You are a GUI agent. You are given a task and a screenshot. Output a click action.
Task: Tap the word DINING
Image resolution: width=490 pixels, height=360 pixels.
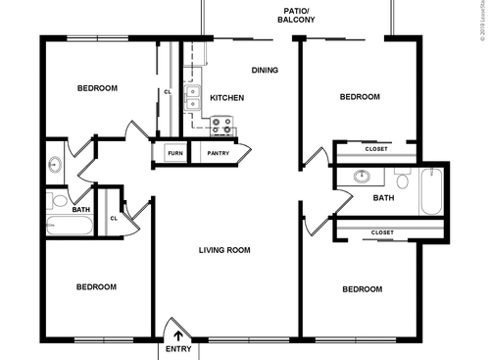tap(265, 70)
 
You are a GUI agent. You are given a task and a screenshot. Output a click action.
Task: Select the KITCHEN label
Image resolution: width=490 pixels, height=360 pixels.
tap(227, 98)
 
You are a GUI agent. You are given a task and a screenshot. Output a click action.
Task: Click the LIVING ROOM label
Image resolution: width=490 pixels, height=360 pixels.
tap(224, 250)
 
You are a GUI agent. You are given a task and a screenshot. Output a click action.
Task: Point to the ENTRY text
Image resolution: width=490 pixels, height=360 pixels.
tap(178, 349)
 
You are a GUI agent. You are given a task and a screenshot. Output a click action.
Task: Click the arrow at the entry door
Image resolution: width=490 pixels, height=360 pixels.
tap(177, 335)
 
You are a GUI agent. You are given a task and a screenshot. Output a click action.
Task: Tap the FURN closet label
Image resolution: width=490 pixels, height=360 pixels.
tap(174, 154)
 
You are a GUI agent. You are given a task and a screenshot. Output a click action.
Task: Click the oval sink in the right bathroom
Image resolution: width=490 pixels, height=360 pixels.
tap(363, 178)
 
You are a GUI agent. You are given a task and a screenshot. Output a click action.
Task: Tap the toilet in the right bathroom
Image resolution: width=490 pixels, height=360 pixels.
tap(402, 179)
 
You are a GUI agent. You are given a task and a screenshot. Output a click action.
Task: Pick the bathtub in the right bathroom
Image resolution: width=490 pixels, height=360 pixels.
tap(432, 191)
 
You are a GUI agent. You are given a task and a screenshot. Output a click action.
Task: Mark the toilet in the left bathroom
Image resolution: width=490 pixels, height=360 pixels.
tap(58, 202)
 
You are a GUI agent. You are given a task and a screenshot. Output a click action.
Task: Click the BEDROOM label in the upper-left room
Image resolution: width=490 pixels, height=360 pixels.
tap(97, 88)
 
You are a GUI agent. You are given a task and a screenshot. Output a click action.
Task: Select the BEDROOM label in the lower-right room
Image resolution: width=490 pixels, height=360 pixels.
tap(362, 289)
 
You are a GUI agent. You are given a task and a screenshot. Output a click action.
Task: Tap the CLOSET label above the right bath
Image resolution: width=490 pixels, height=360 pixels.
tap(377, 149)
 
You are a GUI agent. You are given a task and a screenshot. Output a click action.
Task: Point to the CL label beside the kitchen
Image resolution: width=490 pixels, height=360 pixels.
tap(168, 93)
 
